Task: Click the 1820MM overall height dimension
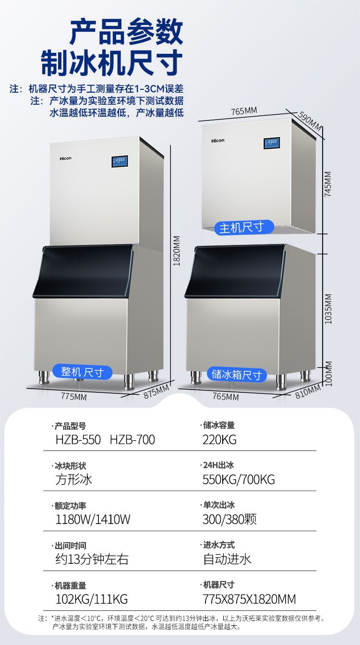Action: tap(176, 251)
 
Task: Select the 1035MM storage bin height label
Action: tap(329, 308)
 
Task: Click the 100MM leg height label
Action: tap(329, 373)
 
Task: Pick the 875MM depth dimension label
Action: tap(156, 391)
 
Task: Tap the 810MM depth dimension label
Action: tap(307, 392)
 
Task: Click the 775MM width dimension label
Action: tap(74, 397)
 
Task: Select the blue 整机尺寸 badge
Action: tap(83, 372)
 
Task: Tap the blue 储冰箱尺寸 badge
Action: tap(237, 374)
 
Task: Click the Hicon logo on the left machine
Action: tap(66, 158)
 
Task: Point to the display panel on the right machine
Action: tap(271, 143)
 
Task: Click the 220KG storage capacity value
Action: tap(219, 439)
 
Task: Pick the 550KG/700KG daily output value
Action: tap(239, 479)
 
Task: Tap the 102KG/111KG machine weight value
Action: tap(91, 599)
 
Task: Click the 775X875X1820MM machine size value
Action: tap(249, 599)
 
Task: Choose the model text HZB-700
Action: tap(132, 439)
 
